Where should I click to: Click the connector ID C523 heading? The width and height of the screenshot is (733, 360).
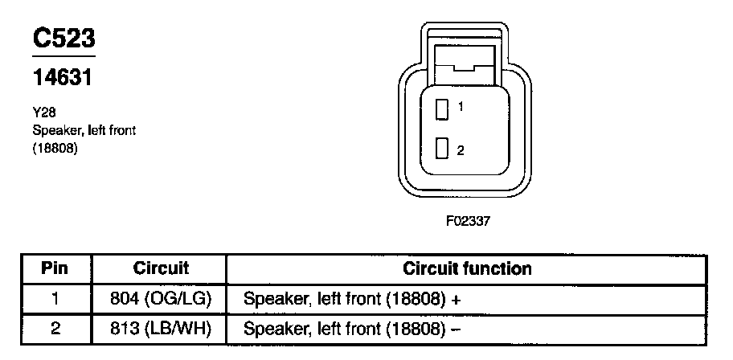[x=63, y=39]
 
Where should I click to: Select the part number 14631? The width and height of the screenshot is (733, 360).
[x=64, y=78]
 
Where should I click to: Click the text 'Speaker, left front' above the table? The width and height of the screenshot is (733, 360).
[x=84, y=131]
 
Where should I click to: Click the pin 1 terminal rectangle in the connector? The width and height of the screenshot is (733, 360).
[x=441, y=108]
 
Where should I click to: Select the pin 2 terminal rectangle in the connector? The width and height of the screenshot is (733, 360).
[x=441, y=149]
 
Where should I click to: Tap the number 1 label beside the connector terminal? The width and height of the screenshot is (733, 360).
[x=460, y=106]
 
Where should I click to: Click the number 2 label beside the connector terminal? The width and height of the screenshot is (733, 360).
[x=460, y=150]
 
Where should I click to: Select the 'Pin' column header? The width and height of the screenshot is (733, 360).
[x=55, y=268]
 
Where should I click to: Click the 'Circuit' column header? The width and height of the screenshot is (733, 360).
[x=161, y=268]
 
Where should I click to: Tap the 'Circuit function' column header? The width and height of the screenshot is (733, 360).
[x=467, y=268]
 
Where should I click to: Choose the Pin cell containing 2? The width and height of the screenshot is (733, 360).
[x=55, y=329]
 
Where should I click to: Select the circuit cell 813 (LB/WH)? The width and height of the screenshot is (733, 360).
[x=161, y=329]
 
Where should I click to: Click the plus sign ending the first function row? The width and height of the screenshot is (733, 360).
[x=456, y=300]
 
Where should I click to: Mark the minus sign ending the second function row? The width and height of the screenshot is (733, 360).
[x=456, y=329]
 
